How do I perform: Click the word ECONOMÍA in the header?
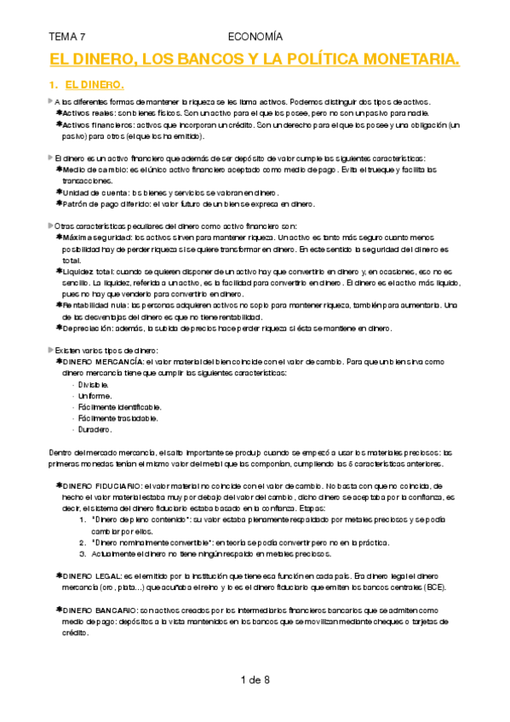click(x=255, y=37)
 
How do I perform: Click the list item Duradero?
click(x=94, y=429)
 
